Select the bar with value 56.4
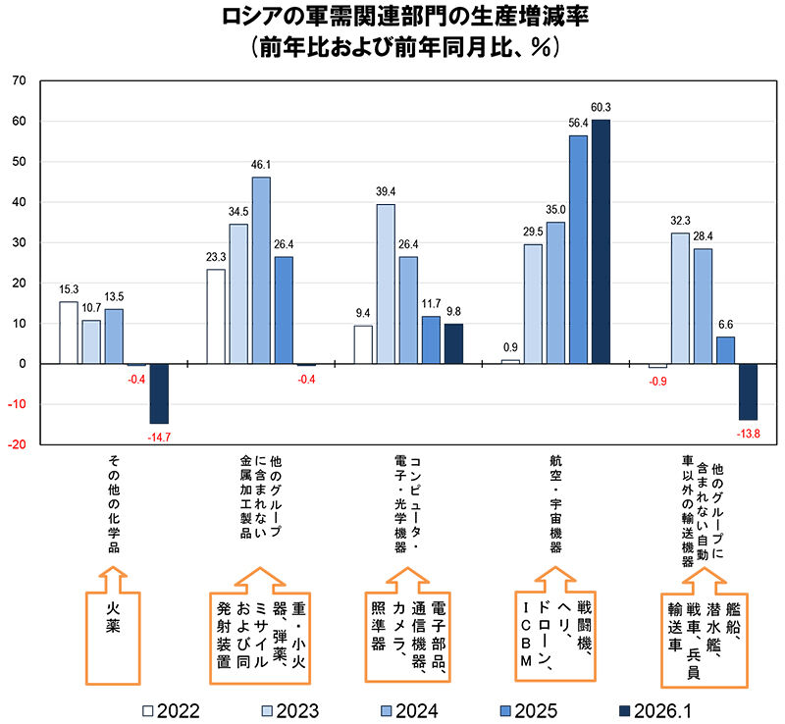(578, 249)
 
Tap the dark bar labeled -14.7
(159, 393)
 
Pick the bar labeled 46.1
(261, 270)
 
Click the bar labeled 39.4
(386, 284)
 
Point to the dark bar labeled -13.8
(748, 391)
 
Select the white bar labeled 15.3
(69, 333)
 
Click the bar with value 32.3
(680, 298)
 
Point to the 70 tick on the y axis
(21, 81)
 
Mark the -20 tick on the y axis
(19, 444)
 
